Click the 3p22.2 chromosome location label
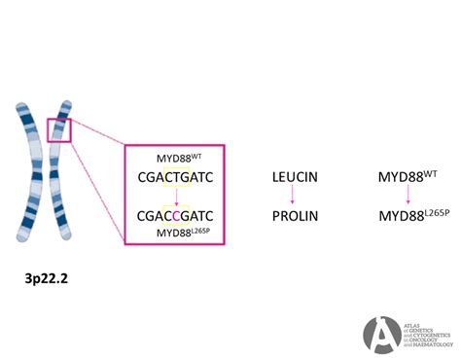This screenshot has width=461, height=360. (x=47, y=278)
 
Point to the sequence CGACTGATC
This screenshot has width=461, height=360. (x=176, y=177)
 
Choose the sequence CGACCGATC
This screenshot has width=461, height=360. (x=176, y=215)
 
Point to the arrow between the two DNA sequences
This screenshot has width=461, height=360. (x=176, y=197)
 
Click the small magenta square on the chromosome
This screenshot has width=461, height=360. (x=60, y=128)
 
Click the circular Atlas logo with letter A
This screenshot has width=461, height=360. (x=382, y=334)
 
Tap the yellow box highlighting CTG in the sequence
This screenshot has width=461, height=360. (x=176, y=177)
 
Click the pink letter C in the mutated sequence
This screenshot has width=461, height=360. (x=176, y=215)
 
